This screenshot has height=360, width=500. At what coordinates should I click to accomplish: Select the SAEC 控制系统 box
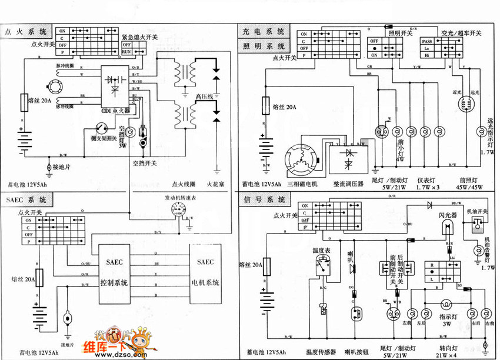pyautogui.click(x=114, y=272)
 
